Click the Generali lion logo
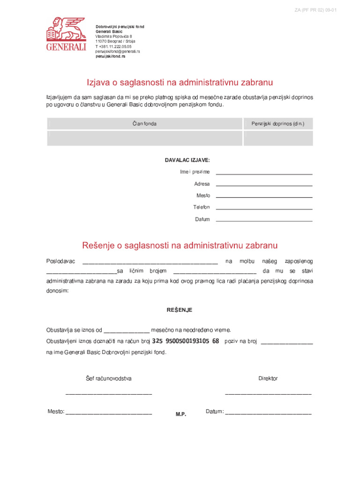pos(66,33)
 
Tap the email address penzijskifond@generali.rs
pos(118,51)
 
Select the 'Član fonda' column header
pos(145,124)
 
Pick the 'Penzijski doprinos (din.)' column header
pos(278,124)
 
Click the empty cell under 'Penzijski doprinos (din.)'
pos(278,138)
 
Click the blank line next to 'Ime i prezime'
pos(264,173)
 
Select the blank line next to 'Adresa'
pos(264,185)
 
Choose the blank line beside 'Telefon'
pos(264,209)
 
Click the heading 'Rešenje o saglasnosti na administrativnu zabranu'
pos(180,245)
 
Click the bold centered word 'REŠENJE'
pos(180,310)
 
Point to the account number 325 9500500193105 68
pos(186,341)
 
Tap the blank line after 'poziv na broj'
pos(286,343)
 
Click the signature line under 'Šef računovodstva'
pos(109,394)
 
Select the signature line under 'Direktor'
pos(268,394)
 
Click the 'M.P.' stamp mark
pos(181,414)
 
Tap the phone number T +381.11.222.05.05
pos(113,46)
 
